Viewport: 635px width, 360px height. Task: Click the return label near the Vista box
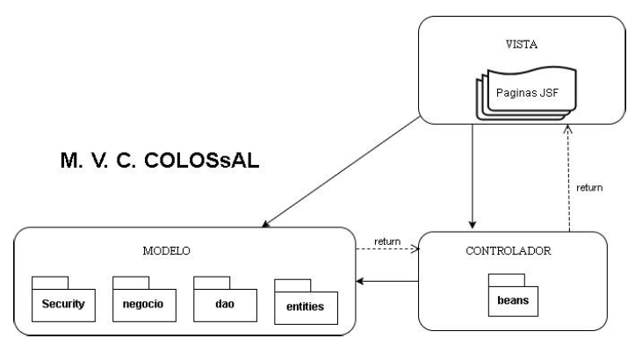590,188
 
